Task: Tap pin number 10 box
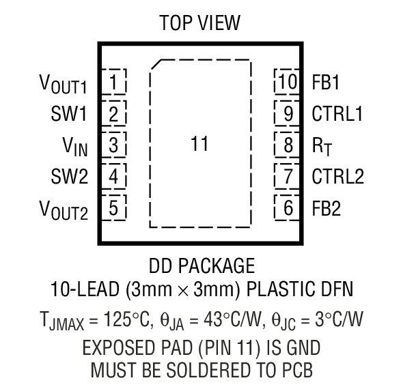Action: pos(288,83)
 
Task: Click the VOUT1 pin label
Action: pos(64,85)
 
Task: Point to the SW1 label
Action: pos(69,114)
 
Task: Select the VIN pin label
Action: pos(76,146)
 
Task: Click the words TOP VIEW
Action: pos(199,23)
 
